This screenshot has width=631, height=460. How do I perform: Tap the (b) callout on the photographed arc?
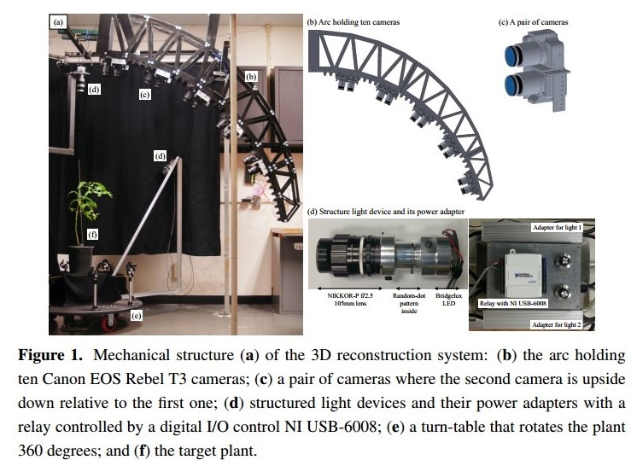coord(251,77)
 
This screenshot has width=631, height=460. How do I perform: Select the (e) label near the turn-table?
coord(136,315)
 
